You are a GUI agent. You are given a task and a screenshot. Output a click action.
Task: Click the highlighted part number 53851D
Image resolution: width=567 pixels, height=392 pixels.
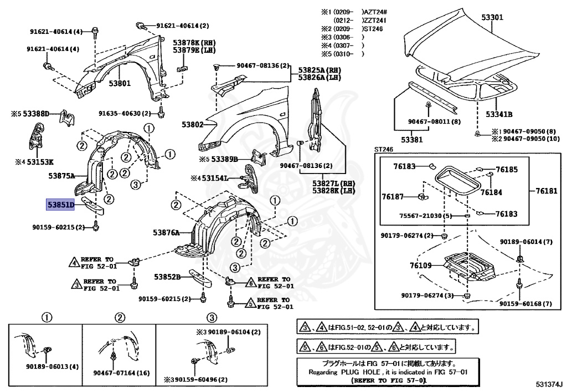tap(60, 205)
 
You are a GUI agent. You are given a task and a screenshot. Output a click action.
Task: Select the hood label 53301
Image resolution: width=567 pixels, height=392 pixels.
tap(492, 18)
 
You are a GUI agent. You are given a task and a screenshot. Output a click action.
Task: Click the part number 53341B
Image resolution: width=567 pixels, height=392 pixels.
tap(499, 114)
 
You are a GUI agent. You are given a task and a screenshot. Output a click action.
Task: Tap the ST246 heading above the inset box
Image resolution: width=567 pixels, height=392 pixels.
tap(383, 149)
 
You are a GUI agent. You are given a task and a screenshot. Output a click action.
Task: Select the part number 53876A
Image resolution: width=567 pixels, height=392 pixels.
tap(166, 233)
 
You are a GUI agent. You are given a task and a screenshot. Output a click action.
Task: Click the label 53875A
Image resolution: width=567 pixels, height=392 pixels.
tap(61, 176)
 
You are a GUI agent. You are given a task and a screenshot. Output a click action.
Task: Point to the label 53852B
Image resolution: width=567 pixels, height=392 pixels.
tap(168, 277)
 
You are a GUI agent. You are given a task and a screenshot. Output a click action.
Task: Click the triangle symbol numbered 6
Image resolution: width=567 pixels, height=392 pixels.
tap(250, 282)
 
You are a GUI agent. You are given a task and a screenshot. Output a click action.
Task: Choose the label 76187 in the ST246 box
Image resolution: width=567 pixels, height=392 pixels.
tap(393, 196)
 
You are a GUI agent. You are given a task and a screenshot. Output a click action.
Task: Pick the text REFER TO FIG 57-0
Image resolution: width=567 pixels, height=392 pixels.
tap(388, 381)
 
